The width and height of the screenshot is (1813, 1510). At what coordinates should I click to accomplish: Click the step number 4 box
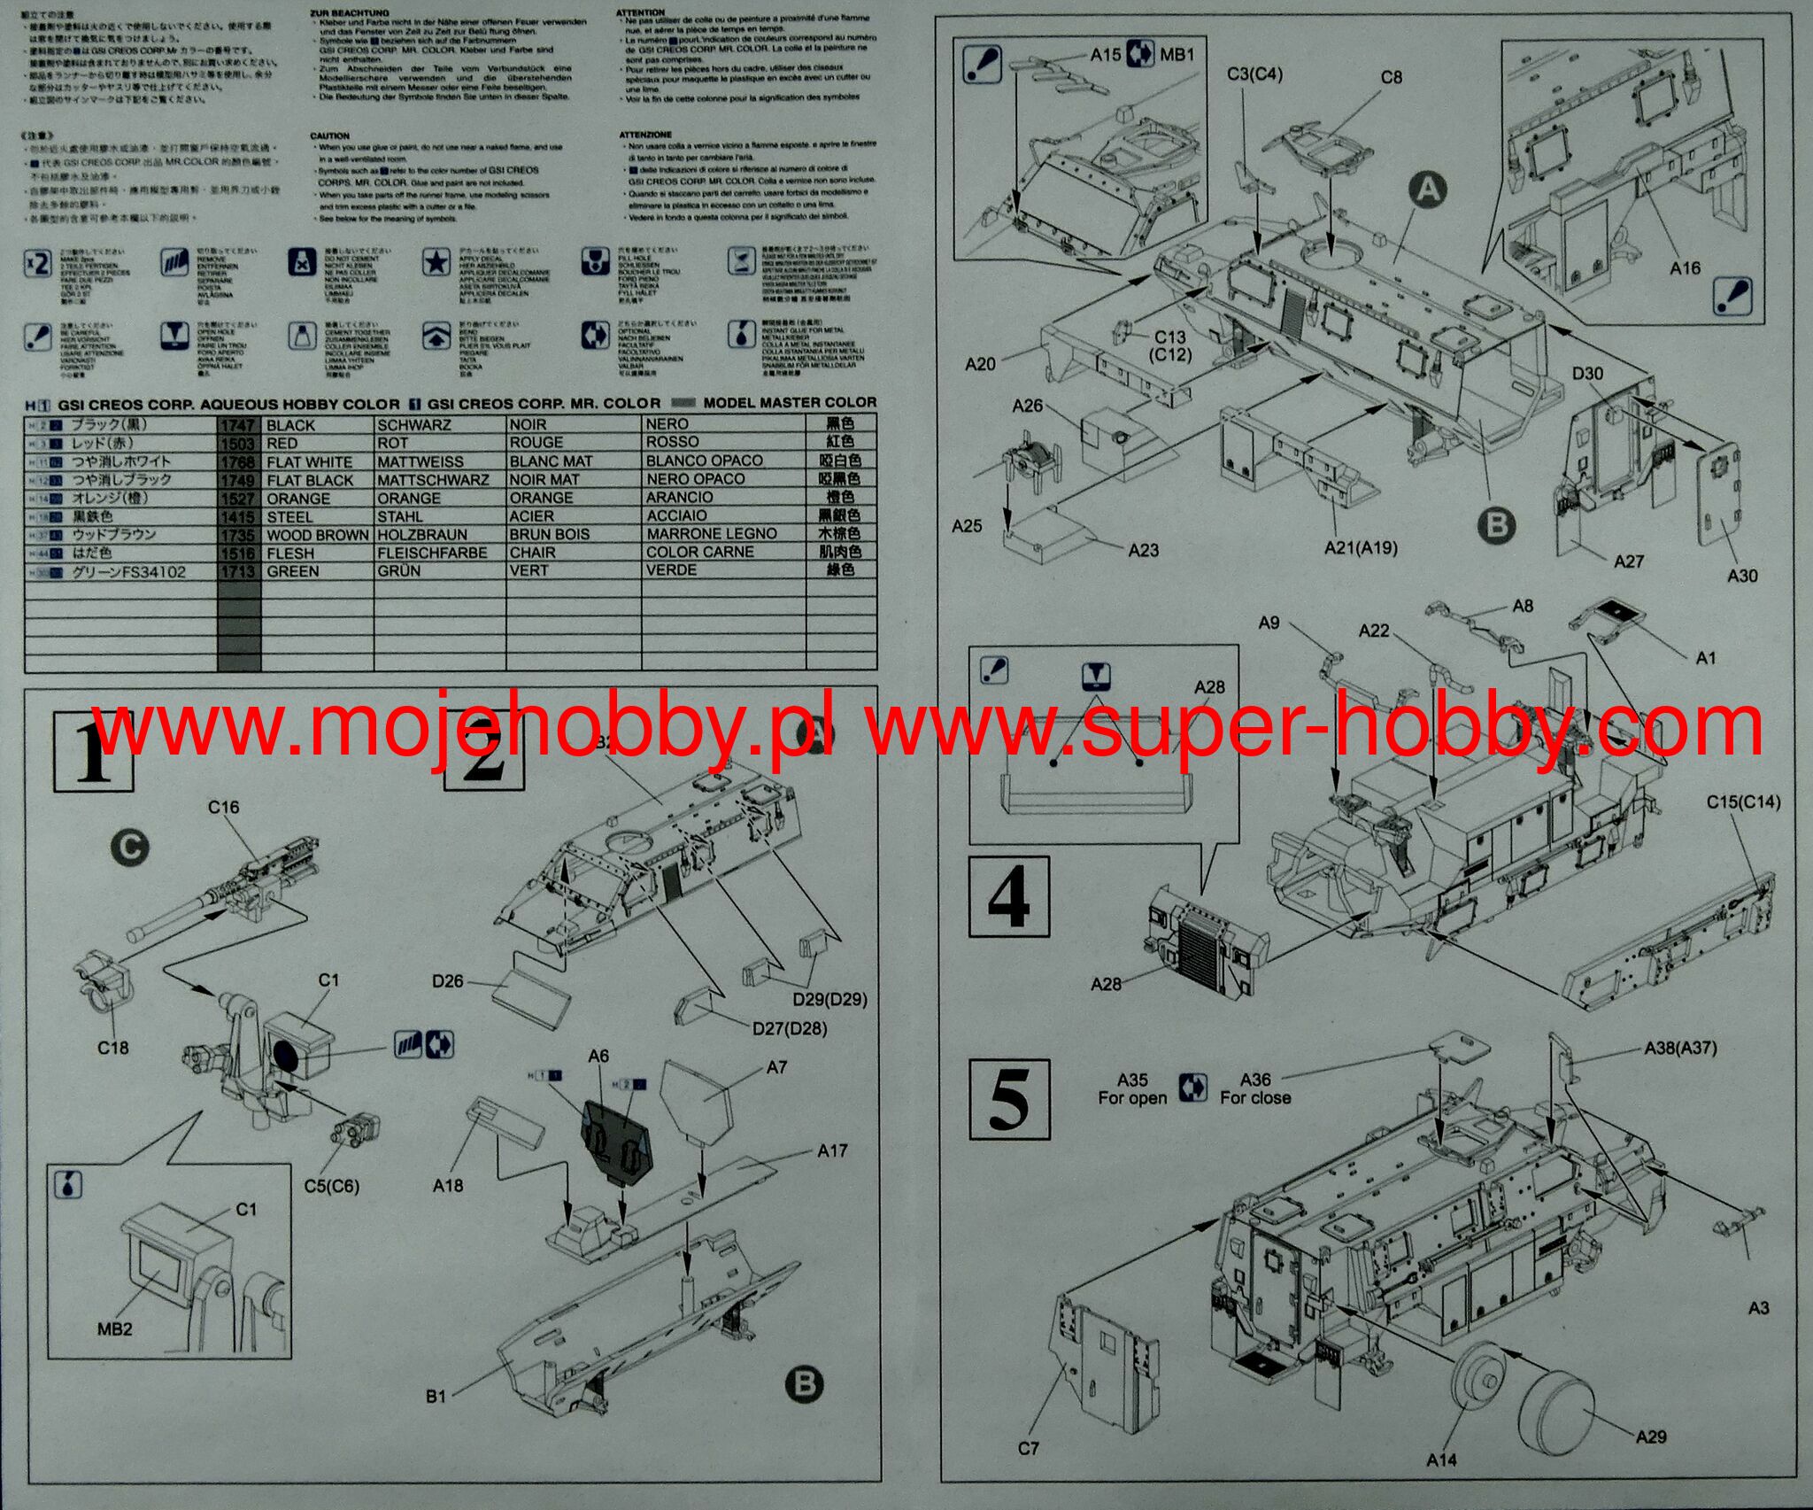(x=1009, y=896)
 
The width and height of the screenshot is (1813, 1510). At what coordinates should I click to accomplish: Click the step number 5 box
(x=1009, y=1099)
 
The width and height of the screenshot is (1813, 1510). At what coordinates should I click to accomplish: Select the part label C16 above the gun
(x=223, y=808)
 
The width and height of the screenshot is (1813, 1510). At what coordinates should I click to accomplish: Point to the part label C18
(x=112, y=1048)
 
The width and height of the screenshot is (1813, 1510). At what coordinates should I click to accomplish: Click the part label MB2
(x=115, y=1329)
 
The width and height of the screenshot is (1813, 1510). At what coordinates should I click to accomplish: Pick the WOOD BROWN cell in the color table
(x=317, y=535)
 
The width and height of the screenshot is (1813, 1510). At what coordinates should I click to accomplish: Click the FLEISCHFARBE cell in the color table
(x=432, y=553)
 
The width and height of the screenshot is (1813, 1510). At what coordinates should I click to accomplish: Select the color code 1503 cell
(x=238, y=443)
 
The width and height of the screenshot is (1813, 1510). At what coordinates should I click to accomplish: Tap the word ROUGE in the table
(x=536, y=442)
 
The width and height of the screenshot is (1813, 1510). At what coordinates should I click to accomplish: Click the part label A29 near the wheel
(x=1650, y=1436)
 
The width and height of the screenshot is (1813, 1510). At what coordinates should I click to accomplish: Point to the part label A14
(x=1441, y=1460)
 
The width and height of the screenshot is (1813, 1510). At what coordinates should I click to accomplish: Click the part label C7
(x=1028, y=1448)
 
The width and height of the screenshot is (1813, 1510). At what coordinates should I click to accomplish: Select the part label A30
(x=1742, y=576)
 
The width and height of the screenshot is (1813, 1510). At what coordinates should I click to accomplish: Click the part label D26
(x=448, y=981)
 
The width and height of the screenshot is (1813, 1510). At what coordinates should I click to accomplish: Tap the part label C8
(x=1392, y=77)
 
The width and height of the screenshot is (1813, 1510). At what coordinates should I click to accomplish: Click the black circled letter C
(x=129, y=848)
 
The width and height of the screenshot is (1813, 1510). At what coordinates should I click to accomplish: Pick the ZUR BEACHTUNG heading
(x=349, y=12)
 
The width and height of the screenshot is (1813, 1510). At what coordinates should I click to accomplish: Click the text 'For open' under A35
(x=1132, y=1098)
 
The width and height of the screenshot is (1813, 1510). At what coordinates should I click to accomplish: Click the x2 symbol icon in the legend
(x=37, y=263)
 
